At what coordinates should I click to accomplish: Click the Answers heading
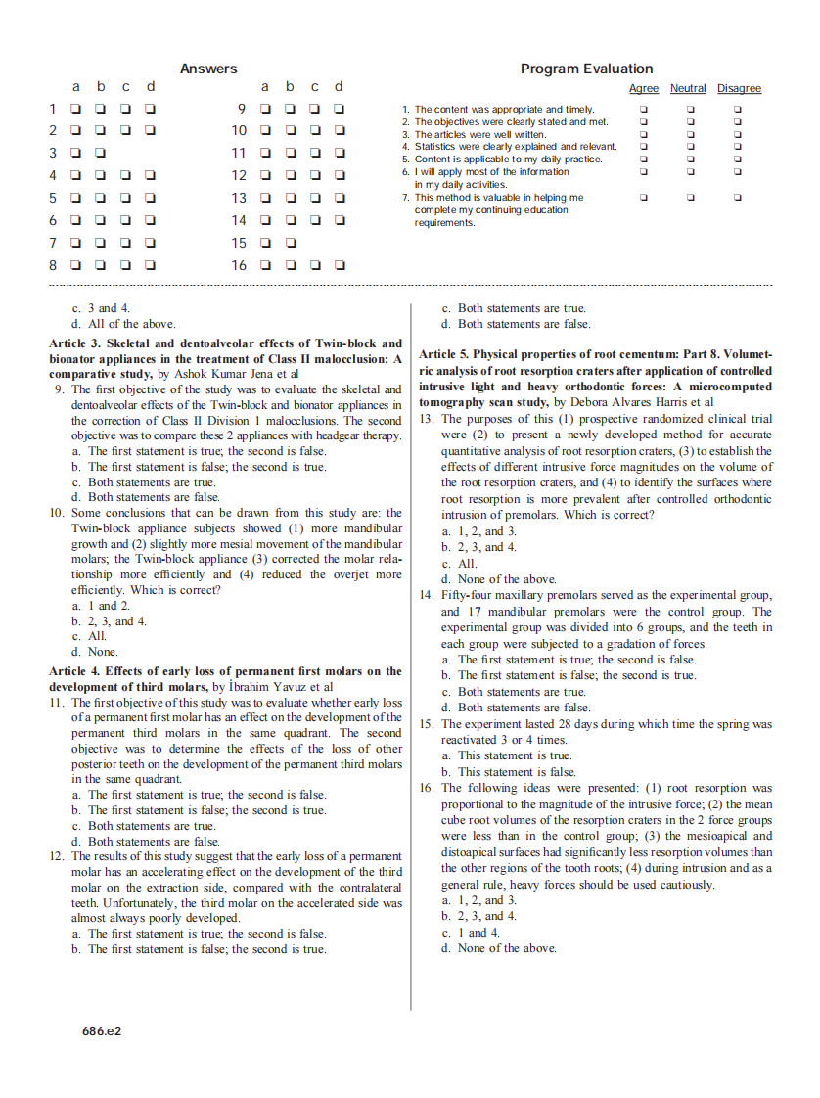(208, 69)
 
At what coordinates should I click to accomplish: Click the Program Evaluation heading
(586, 69)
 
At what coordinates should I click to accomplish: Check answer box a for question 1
(74, 109)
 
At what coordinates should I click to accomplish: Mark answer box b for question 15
(290, 243)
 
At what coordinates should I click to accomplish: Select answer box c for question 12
(314, 176)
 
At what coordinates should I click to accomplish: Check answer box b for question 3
(100, 154)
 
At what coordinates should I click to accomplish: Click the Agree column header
(643, 89)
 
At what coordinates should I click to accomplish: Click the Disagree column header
(739, 89)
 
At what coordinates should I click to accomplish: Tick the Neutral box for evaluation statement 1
(690, 110)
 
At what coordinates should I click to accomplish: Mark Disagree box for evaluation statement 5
(738, 160)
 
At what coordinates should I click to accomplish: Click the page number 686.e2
(102, 1030)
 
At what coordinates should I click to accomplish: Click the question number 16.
(427, 788)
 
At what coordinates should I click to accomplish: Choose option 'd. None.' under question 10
(95, 652)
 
